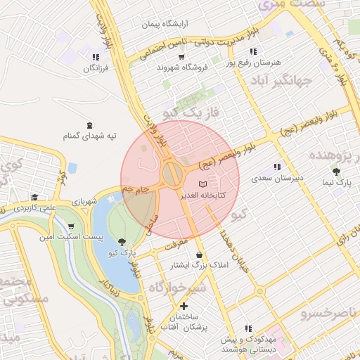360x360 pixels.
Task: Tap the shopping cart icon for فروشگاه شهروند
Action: click(x=182, y=56)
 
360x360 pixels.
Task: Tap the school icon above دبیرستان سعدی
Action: click(x=277, y=167)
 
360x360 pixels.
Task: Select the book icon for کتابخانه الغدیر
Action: click(x=202, y=183)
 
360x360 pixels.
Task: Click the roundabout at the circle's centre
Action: click(x=171, y=174)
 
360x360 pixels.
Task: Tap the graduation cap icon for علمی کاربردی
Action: click(x=34, y=198)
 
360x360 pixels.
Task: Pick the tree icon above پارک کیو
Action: click(x=124, y=241)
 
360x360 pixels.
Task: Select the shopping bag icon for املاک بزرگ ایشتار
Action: click(x=200, y=254)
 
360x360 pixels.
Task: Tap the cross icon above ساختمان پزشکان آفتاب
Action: click(x=184, y=306)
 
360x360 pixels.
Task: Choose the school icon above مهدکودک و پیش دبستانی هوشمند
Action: click(x=248, y=328)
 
